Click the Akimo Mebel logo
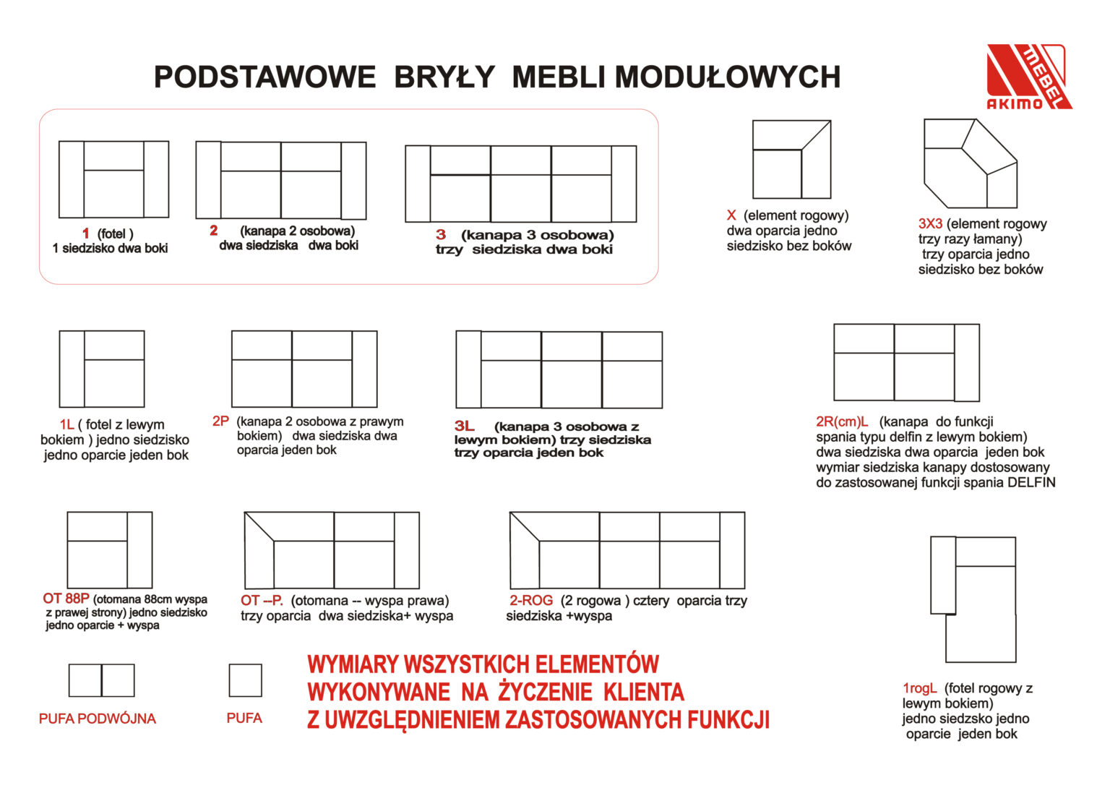(x=1028, y=77)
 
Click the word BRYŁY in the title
(x=444, y=77)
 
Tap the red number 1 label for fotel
(x=86, y=234)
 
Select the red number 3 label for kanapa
(x=441, y=234)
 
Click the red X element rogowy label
(x=731, y=215)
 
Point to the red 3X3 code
(x=930, y=224)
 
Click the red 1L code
(x=66, y=424)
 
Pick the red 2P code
(x=220, y=421)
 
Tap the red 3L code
(x=464, y=427)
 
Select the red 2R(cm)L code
(x=842, y=421)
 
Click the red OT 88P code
(x=66, y=599)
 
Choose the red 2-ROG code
(x=531, y=600)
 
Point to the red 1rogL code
(x=919, y=688)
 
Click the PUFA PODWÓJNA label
(x=98, y=719)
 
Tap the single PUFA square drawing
(x=245, y=680)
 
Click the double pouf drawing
(x=101, y=680)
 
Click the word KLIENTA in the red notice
(x=643, y=692)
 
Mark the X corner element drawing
(x=791, y=159)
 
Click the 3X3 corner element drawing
(x=970, y=163)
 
